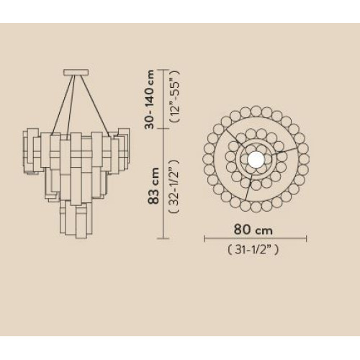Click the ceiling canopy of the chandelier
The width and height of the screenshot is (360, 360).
[76, 72]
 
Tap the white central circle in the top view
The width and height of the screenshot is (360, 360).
[256, 159]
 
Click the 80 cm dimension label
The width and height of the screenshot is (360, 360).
[253, 230]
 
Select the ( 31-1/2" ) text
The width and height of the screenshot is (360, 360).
[253, 250]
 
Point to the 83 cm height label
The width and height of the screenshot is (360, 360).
[153, 186]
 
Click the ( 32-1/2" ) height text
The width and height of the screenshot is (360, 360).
[174, 186]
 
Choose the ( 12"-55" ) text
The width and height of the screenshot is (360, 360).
[175, 96]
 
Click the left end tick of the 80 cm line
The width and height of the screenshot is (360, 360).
[204, 238]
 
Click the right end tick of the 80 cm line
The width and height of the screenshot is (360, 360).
[307, 238]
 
